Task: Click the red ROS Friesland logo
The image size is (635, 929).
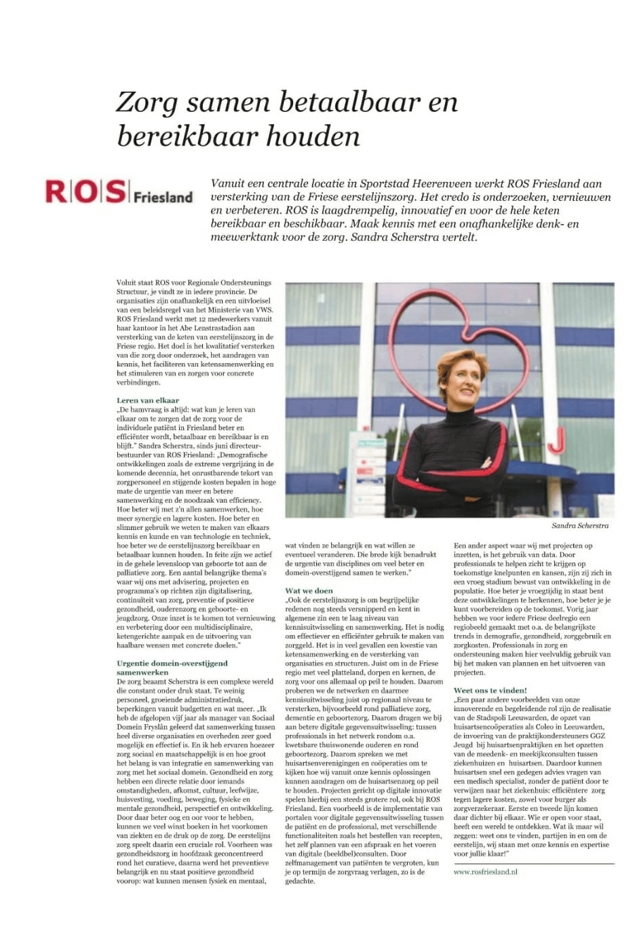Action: coord(119,192)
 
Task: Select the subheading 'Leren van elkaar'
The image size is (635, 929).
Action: coord(148,400)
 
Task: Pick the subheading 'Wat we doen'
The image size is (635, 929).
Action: coord(309,590)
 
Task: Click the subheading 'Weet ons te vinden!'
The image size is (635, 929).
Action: coord(490,690)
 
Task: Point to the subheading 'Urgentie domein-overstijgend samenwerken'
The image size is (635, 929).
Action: coord(172,668)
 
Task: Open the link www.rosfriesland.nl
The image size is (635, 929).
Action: coord(485,871)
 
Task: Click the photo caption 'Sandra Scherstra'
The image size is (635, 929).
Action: coord(579,525)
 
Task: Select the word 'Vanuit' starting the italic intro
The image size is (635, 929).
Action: coord(228,184)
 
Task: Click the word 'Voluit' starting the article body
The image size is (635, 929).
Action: coord(126,282)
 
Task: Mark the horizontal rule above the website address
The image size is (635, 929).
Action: coord(533,863)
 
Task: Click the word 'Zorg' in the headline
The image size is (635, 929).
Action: coord(147,102)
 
